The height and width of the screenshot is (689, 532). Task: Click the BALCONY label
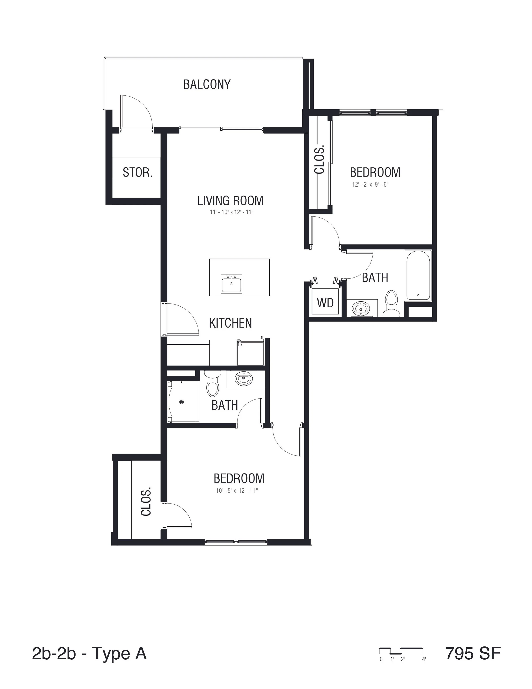tap(207, 85)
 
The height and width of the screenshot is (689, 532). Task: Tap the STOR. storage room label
tap(137, 173)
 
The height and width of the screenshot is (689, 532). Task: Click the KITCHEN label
tap(230, 323)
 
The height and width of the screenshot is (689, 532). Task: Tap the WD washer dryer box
tap(325, 303)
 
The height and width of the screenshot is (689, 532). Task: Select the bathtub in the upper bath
tap(418, 275)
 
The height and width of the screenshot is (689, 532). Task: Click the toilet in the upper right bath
tap(391, 304)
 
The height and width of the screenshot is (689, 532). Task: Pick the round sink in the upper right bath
tap(361, 308)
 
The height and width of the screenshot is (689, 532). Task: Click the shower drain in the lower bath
tap(182, 402)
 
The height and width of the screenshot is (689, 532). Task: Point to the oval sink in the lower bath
tap(244, 378)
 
